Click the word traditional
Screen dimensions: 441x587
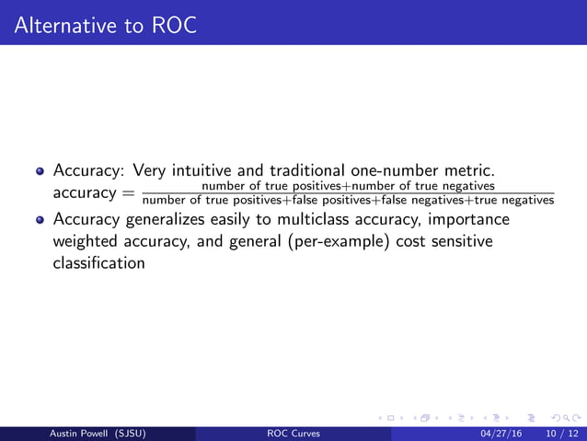click(x=306, y=171)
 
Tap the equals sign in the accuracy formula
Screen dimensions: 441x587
click(x=127, y=194)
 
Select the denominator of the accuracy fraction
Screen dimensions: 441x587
click(x=350, y=202)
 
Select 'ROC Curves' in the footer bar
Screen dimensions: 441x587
click(x=293, y=434)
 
